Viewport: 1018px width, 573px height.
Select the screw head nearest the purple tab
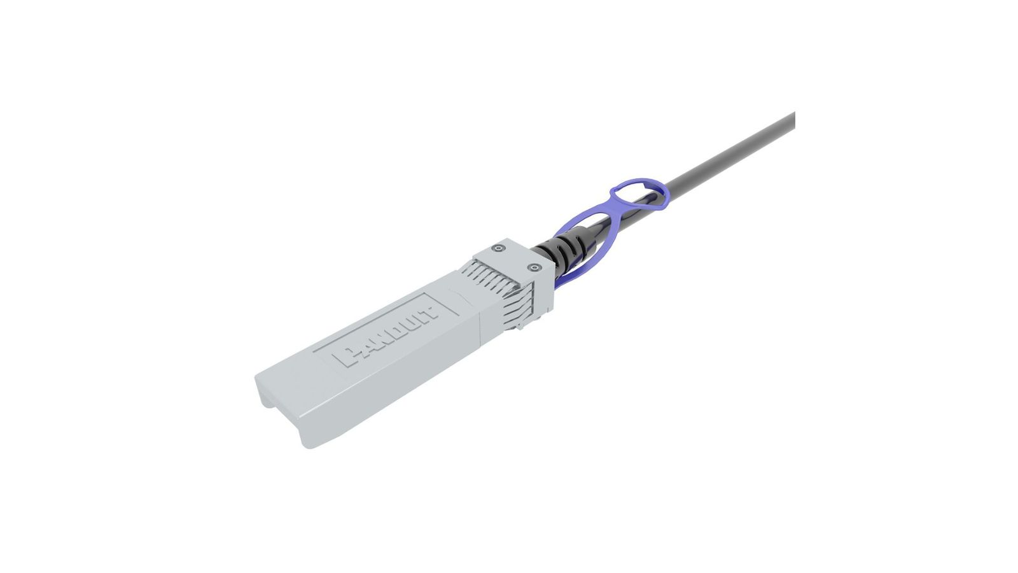click(533, 267)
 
